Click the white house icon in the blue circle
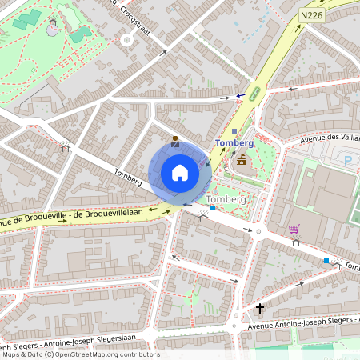(180, 173)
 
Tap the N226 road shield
(313, 15)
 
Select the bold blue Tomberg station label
(234, 143)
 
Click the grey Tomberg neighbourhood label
(226, 198)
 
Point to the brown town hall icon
(241, 160)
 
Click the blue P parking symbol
(347, 161)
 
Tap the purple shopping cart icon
(294, 229)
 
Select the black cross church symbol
(259, 308)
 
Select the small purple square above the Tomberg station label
(234, 131)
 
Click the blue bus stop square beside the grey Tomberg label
(213, 208)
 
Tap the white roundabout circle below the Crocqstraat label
(126, 38)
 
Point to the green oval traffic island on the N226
(254, 93)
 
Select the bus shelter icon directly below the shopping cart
(295, 242)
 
